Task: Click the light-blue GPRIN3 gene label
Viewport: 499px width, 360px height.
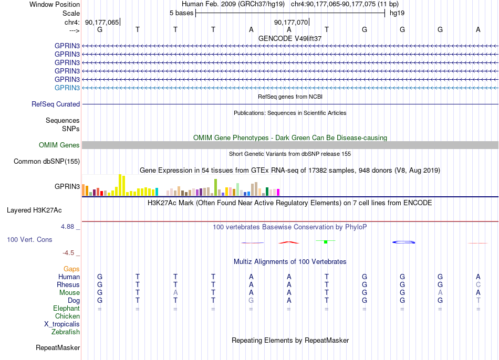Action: coord(67,88)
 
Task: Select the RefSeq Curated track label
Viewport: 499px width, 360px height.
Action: coord(56,104)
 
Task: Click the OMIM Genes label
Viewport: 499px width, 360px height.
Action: coord(59,145)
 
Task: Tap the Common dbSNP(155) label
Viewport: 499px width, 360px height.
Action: coord(47,162)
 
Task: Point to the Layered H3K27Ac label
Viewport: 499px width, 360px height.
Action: coord(34,210)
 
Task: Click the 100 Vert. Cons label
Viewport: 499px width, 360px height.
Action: coord(29,240)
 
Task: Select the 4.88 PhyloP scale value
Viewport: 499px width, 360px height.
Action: coord(67,227)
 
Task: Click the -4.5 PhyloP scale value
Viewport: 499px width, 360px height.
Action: coord(68,253)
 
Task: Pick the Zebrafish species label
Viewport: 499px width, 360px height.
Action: coord(66,332)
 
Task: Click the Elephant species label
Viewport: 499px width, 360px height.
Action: coord(67,309)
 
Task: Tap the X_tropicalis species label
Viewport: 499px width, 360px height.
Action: coord(62,324)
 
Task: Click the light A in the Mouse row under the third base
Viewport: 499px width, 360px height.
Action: coord(175,293)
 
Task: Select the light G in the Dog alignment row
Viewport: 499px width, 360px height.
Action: coord(251,301)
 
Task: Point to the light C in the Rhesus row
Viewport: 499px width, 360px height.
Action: coord(478,284)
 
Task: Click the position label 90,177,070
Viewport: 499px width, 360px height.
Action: coord(291,22)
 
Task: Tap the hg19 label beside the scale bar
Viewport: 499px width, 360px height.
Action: coord(397,13)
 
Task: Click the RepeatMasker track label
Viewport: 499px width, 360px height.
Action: coord(58,348)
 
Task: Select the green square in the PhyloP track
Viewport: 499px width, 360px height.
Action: coord(326,242)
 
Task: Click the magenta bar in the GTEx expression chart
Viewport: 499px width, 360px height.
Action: coord(278,193)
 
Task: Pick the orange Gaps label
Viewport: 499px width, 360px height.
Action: coord(71,269)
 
